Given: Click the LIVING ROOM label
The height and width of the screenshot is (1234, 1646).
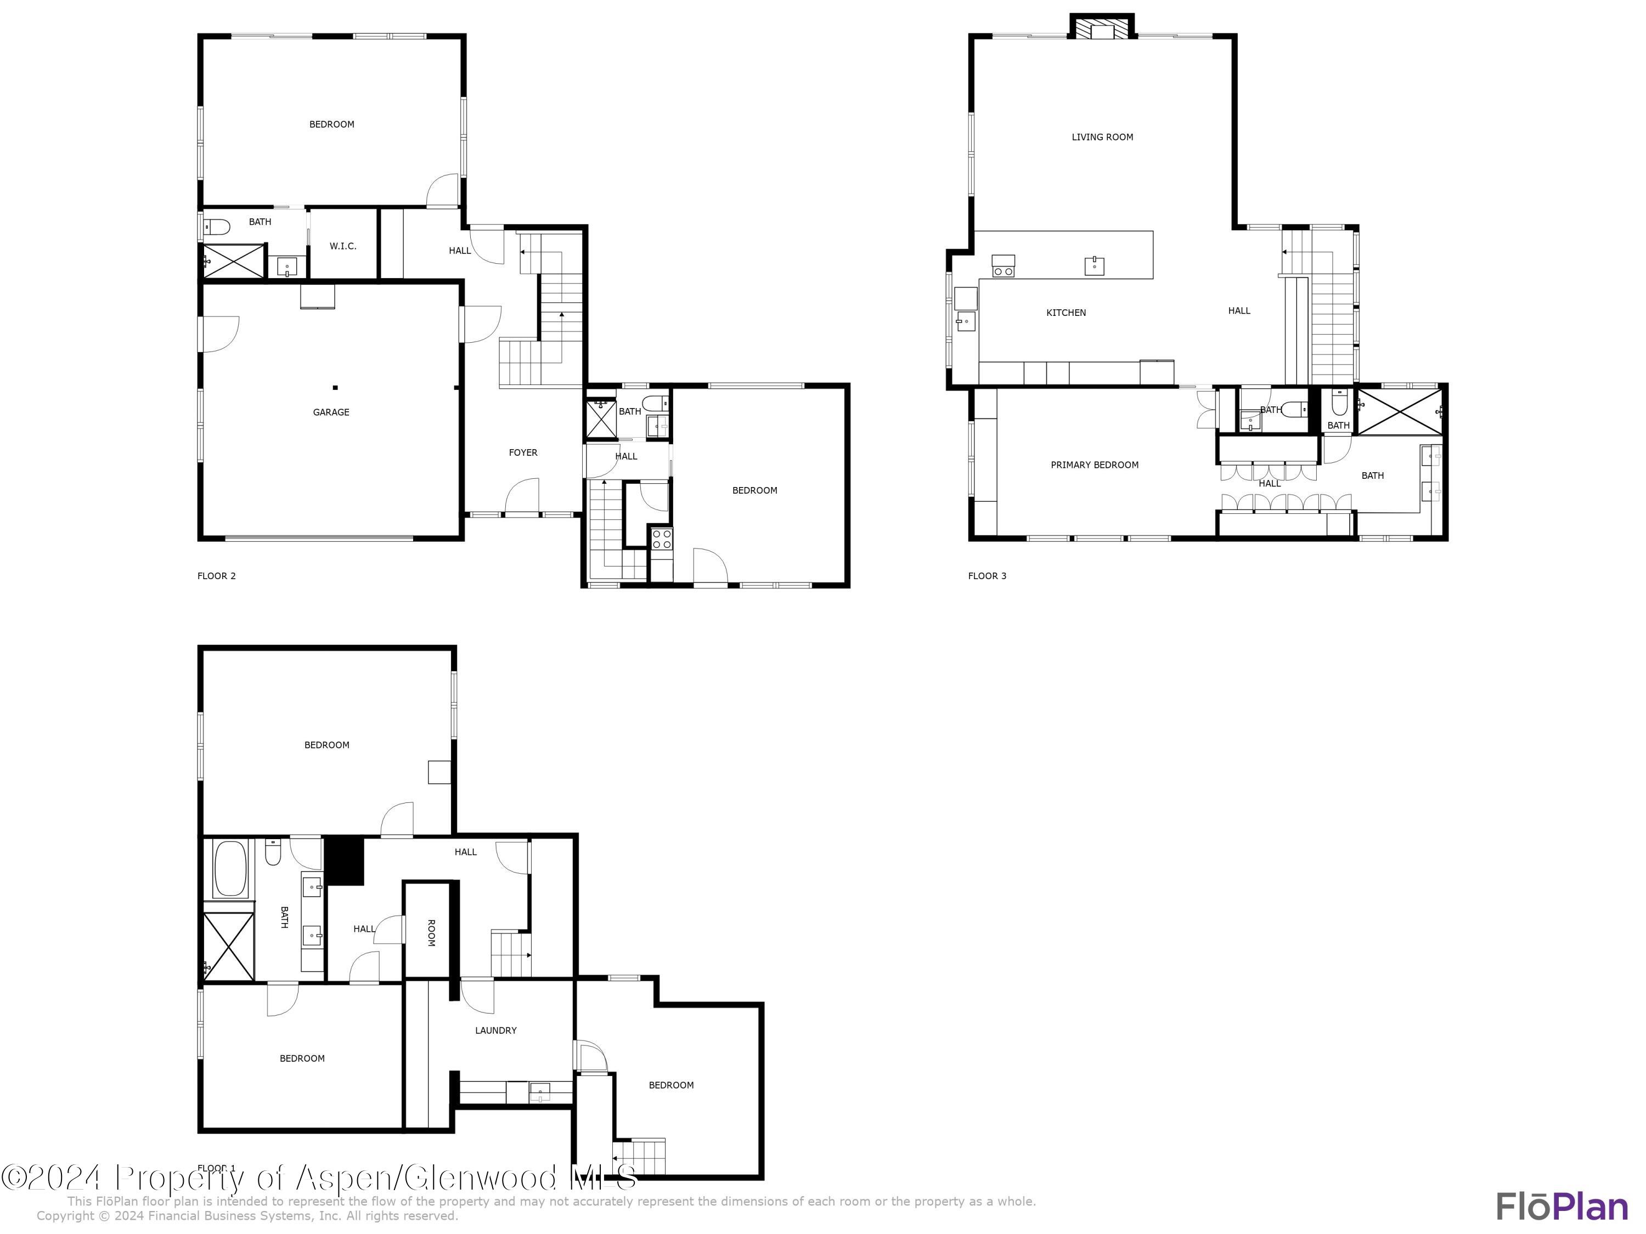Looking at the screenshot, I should pyautogui.click(x=1102, y=137).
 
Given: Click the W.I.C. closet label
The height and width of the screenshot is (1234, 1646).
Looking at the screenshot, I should pyautogui.click(x=343, y=246).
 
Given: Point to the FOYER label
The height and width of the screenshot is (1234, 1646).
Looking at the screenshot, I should pyautogui.click(x=522, y=452).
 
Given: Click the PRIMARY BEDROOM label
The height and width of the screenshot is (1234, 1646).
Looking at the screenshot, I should pyautogui.click(x=1094, y=465).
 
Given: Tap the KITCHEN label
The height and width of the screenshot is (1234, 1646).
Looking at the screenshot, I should pyautogui.click(x=1066, y=313).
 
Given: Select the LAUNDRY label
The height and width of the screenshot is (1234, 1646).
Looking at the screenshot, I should pyautogui.click(x=495, y=1030).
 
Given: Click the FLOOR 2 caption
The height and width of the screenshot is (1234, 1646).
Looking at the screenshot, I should pyautogui.click(x=217, y=576).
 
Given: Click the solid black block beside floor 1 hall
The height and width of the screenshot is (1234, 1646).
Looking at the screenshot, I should pyautogui.click(x=344, y=861).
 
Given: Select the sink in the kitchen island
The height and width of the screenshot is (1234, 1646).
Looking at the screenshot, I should pyautogui.click(x=1094, y=265).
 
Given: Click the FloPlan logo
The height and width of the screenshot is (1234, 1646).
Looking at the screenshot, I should pyautogui.click(x=1562, y=1207).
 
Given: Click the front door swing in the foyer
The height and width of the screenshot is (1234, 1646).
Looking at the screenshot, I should pyautogui.click(x=522, y=496).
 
